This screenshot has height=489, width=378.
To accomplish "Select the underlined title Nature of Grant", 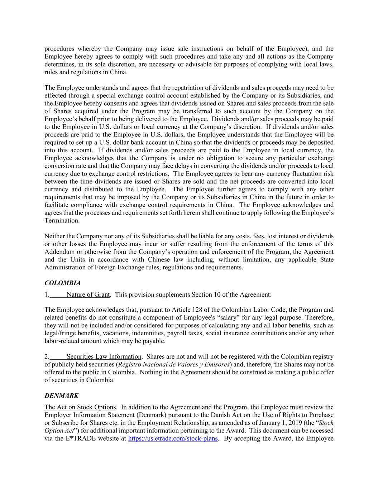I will point(88,294).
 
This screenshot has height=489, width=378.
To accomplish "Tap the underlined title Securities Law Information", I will point(104,356).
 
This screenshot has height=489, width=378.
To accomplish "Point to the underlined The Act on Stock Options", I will point(80,407).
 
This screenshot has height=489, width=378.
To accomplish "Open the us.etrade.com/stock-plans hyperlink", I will point(173,438).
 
